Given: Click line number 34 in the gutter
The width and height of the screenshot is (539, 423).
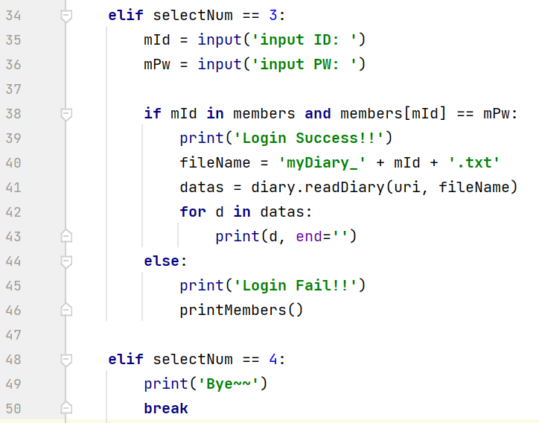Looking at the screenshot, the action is coord(13,15).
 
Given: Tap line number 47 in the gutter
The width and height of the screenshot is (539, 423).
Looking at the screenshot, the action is coord(13,335).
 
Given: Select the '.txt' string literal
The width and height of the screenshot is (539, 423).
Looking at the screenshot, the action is coord(476,162).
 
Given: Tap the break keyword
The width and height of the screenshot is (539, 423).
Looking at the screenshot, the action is coord(166,408).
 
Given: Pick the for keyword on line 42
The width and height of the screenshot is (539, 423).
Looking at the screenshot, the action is coord(193,211).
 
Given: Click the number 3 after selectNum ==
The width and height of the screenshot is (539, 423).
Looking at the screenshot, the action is coord(272,15).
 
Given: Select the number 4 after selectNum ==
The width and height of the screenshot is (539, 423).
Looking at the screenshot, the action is coord(272,359).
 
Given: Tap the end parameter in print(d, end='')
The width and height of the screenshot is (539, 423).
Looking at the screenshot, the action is coord(310,236).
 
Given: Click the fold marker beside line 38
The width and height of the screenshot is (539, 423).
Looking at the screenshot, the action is coord(66,114).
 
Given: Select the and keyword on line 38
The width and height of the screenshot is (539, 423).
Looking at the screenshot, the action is coord(318,113).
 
